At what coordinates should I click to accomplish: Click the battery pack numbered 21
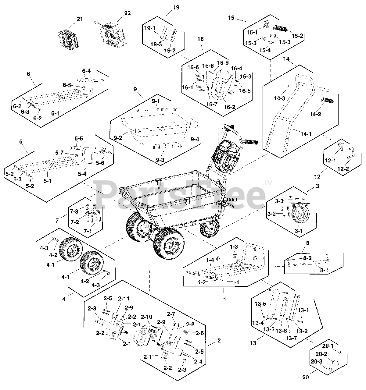(x=69, y=40)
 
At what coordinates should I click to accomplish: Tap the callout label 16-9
(x=223, y=62)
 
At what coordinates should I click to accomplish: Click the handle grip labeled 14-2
(x=328, y=100)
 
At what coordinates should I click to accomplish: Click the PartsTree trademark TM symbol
(x=268, y=183)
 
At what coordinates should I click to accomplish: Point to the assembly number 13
(x=253, y=343)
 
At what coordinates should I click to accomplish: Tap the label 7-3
(x=74, y=211)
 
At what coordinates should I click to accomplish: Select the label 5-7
(x=59, y=152)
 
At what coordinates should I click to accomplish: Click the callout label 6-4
(x=86, y=71)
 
